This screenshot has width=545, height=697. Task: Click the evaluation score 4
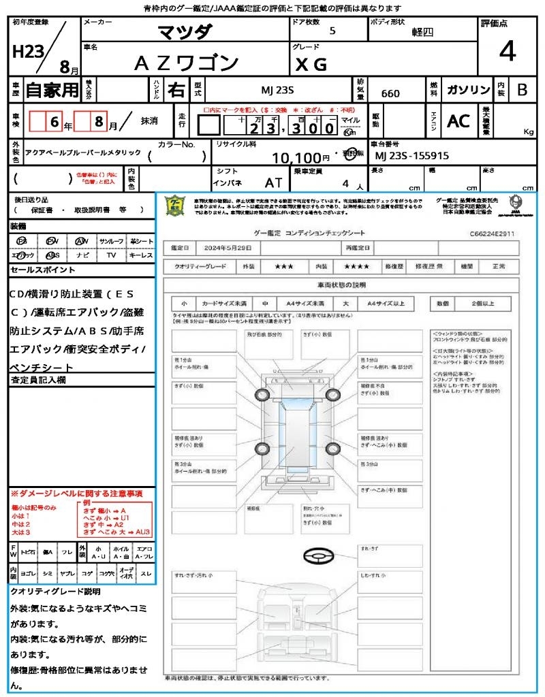[x=507, y=52]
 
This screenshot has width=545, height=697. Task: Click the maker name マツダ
[x=185, y=32]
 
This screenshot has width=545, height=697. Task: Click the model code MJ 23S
[x=278, y=91]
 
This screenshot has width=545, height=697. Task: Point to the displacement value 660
[x=390, y=93]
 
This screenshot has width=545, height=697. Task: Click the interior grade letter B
[x=522, y=91]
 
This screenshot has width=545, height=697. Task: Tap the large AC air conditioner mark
[x=458, y=121]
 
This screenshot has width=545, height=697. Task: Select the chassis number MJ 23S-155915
[x=412, y=156]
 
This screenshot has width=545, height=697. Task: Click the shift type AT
[x=273, y=182]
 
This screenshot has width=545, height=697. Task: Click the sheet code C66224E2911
[x=491, y=233]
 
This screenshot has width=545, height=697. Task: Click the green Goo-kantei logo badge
[x=176, y=205]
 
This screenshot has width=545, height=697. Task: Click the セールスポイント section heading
[x=42, y=270]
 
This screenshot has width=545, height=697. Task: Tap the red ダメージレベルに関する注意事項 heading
[x=76, y=493]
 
